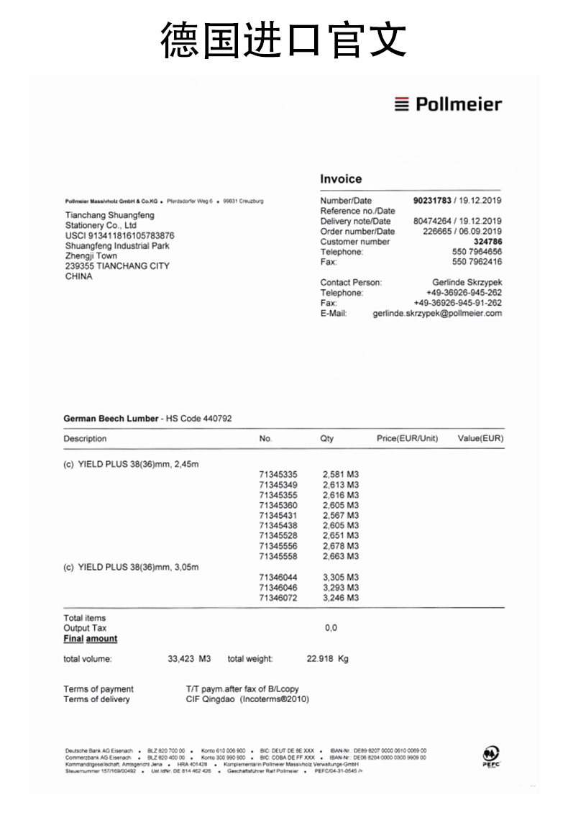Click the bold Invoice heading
pos(341,179)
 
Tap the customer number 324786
pos(487,242)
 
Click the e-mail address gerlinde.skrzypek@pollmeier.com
pos(437,314)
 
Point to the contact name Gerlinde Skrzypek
pos(467,283)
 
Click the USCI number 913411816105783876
pos(119,235)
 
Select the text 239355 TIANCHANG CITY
pos(117,266)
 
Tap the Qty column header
pos(327,439)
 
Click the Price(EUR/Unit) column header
pos(407,439)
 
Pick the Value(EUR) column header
pos(480,439)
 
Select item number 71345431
pos(278,516)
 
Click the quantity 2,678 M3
pos(341,547)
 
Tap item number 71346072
pos(278,598)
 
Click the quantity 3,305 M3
pos(341,578)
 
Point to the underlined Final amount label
pos(90,639)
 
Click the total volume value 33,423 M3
pos(189,659)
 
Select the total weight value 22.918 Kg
pos(327,659)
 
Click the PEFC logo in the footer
pos(491,757)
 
